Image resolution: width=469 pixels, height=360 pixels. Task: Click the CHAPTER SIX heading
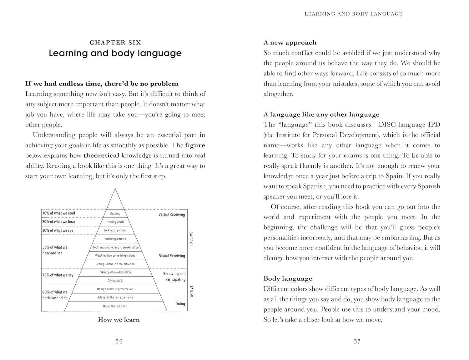(115, 43)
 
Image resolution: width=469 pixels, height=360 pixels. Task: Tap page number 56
(119, 342)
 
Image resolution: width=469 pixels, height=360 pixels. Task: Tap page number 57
(357, 342)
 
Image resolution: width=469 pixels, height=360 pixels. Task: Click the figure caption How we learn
(119, 320)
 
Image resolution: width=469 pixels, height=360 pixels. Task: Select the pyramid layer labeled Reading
(115, 214)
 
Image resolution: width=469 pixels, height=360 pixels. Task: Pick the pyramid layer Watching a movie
(115, 239)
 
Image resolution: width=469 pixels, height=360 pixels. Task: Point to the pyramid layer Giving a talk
(115, 281)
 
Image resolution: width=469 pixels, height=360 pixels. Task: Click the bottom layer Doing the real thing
(115, 307)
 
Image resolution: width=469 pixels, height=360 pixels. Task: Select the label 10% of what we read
(59, 213)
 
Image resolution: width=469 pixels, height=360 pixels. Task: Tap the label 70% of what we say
(58, 275)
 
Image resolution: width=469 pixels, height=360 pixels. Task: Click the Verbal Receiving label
(172, 215)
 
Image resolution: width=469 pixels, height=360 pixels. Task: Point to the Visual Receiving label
(172, 256)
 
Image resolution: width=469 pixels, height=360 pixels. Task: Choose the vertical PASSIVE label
(191, 239)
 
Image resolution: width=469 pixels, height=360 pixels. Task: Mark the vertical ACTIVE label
(192, 291)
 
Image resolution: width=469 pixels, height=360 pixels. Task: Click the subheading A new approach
(290, 43)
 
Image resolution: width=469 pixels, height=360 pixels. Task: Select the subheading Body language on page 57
(288, 279)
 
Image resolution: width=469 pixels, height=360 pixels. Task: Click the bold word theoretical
(102, 155)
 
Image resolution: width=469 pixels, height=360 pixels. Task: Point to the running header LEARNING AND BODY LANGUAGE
(353, 14)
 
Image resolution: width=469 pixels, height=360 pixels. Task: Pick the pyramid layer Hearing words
(115, 222)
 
